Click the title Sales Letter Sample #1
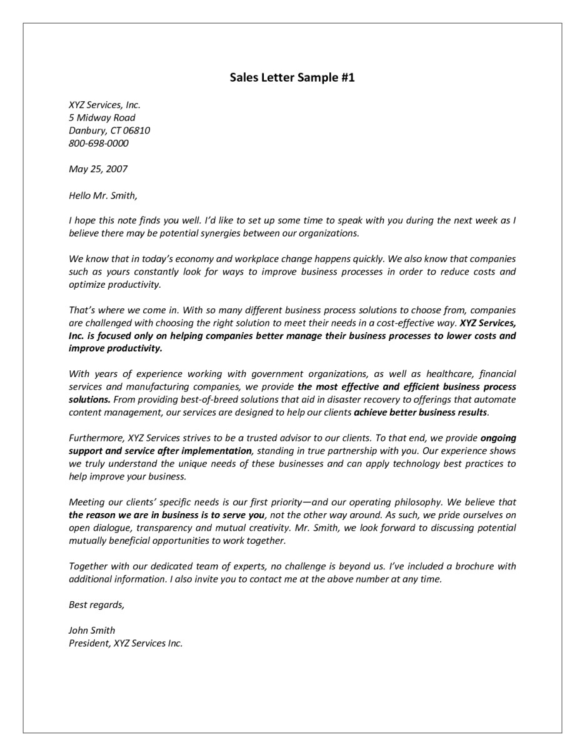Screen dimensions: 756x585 (x=292, y=77)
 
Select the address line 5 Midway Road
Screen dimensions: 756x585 (x=102, y=117)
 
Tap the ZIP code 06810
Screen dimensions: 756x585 (x=136, y=130)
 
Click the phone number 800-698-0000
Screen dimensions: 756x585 (x=99, y=143)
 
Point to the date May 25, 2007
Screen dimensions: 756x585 (x=98, y=169)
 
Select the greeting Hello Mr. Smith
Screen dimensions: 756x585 (x=102, y=195)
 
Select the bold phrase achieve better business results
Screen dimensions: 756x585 (x=420, y=412)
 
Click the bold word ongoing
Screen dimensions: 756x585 (x=498, y=438)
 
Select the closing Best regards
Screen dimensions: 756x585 (x=96, y=604)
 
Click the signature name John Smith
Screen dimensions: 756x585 (x=92, y=630)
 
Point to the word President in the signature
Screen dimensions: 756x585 (x=89, y=643)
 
